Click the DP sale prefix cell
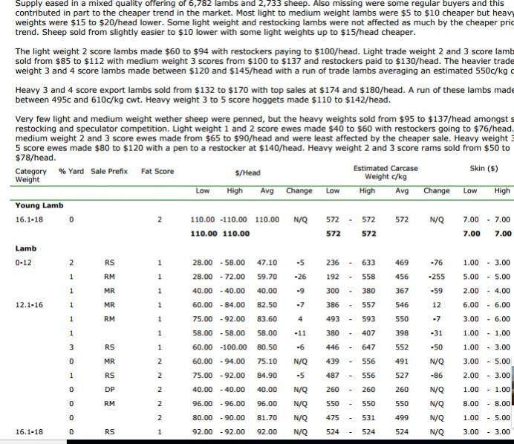coord(109,389)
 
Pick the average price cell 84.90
coord(267,375)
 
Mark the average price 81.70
coord(267,417)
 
